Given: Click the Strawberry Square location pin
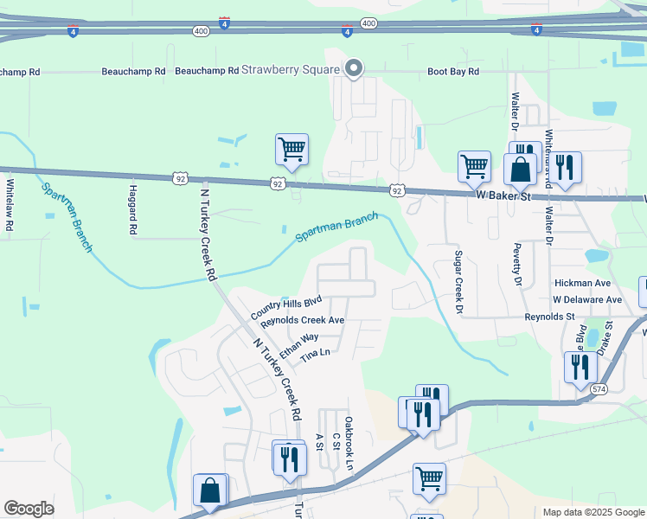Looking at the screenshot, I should pos(353,68).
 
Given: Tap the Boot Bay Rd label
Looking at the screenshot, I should pos(453,72).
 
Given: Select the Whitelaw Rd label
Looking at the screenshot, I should pos(10,204).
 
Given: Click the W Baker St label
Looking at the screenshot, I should pos(503,197).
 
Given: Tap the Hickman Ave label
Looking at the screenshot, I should pos(582,283).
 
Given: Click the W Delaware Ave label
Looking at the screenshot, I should pos(588,299).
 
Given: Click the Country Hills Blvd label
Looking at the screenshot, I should pos(286,306).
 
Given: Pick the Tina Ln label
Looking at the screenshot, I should pos(315,355).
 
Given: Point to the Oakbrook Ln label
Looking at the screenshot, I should pos(349,444).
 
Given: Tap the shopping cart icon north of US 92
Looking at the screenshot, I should pos(291,149).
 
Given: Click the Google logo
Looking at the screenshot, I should pos(29,509).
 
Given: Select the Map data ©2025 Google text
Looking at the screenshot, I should pos(593,512).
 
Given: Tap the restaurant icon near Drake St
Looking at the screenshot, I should pos(580,367).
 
